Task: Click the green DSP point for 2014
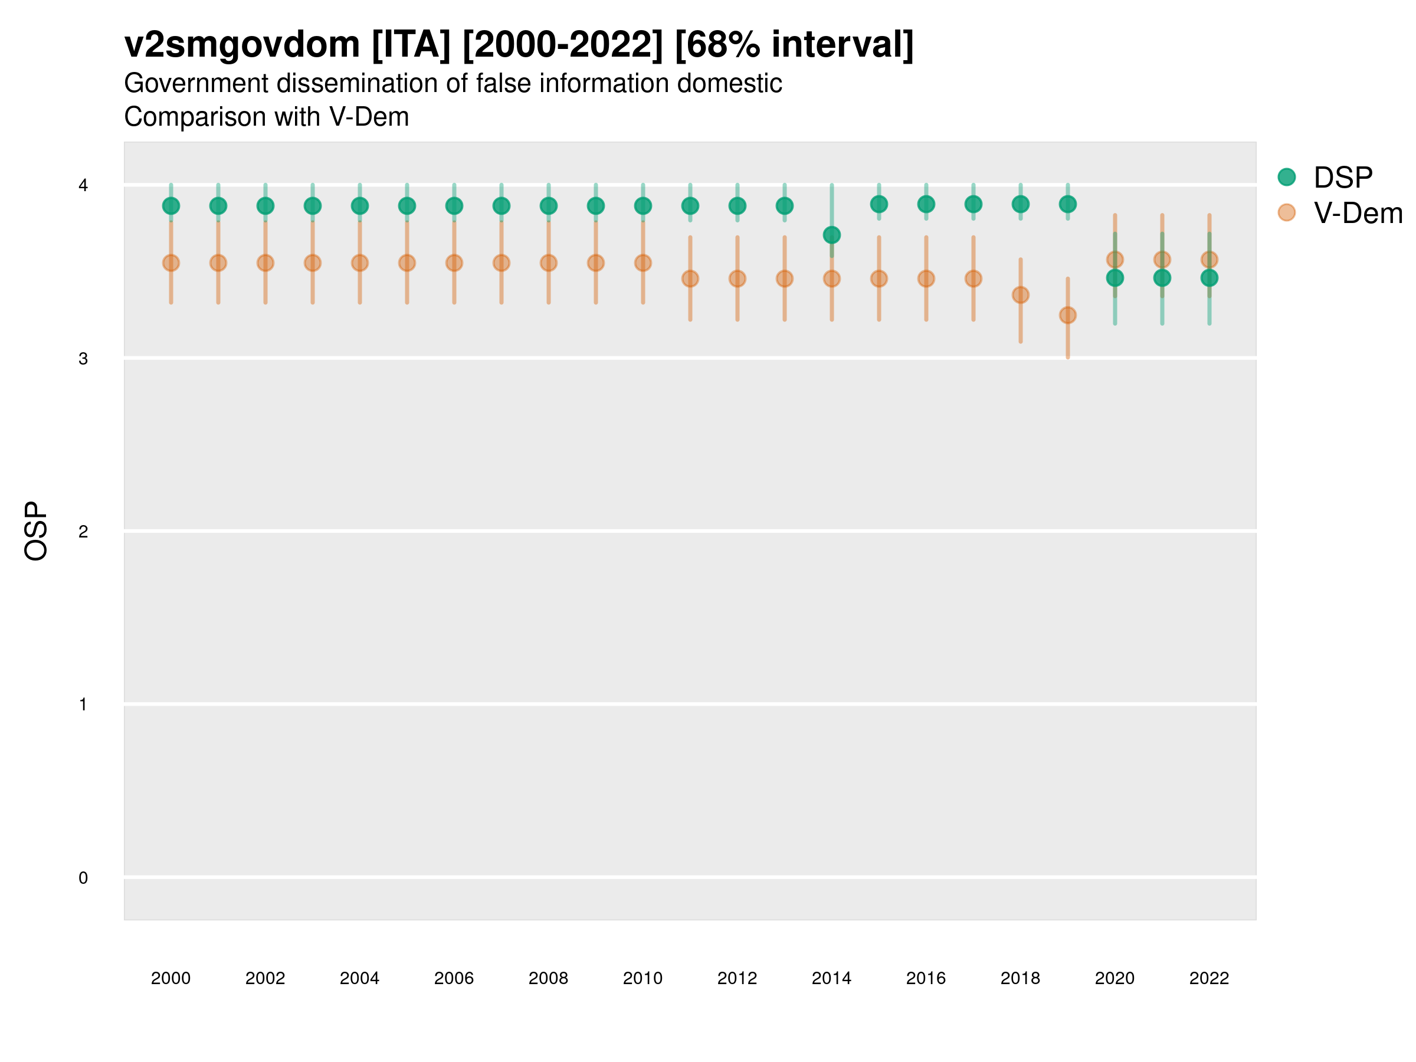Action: pyautogui.click(x=831, y=235)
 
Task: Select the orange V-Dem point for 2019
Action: pyautogui.click(x=1068, y=315)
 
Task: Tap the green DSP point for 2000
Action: pyautogui.click(x=171, y=205)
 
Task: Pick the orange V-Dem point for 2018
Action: pyautogui.click(x=1020, y=295)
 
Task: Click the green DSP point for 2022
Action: pyautogui.click(x=1209, y=278)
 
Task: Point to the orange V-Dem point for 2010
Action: pyautogui.click(x=643, y=263)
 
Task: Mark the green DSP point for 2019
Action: pyautogui.click(x=1068, y=204)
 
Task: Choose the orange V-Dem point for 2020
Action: pyautogui.click(x=1115, y=259)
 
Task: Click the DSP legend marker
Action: pyautogui.click(x=1287, y=176)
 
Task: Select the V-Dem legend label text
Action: pyautogui.click(x=1358, y=213)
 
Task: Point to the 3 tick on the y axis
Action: pyautogui.click(x=83, y=359)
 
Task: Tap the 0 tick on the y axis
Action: pyautogui.click(x=83, y=878)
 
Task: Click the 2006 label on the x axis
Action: pyautogui.click(x=454, y=978)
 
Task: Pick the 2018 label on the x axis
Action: pyautogui.click(x=1020, y=978)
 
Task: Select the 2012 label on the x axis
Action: pyautogui.click(x=737, y=978)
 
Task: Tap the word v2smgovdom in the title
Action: pyautogui.click(x=242, y=45)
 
